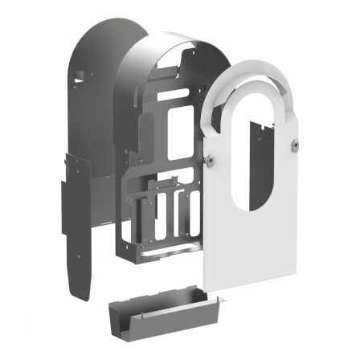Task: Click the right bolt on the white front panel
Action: (295, 145)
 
